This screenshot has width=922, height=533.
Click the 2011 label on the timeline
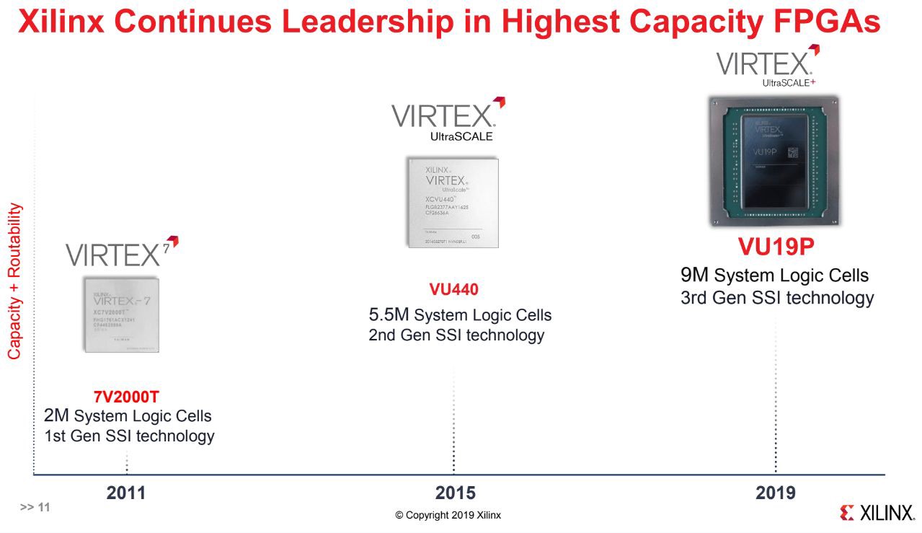(x=126, y=493)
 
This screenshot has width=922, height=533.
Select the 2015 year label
(x=455, y=493)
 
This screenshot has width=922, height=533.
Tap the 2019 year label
(x=776, y=493)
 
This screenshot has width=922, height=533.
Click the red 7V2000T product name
(x=126, y=397)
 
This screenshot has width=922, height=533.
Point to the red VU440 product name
(x=453, y=290)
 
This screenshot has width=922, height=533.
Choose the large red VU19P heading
(x=776, y=247)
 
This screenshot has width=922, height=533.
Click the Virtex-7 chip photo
(x=121, y=314)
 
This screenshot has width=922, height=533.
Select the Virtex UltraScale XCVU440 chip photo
(x=452, y=203)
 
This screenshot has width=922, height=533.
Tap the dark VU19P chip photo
(x=774, y=162)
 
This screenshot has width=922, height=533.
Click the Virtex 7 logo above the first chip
(x=121, y=252)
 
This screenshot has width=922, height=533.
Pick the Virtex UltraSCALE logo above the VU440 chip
(x=448, y=120)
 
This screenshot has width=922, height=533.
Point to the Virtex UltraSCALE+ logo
(x=767, y=66)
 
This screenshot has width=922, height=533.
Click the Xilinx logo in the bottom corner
(x=877, y=513)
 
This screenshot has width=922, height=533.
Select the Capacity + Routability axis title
(x=15, y=281)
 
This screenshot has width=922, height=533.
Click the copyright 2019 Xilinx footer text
(x=448, y=515)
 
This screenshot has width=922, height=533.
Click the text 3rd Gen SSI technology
(x=777, y=298)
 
